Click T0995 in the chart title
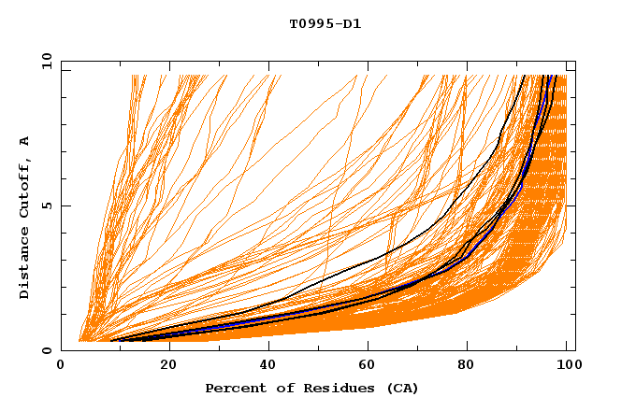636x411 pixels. pyautogui.click(x=309, y=23)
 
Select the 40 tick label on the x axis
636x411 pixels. pyautogui.click(x=268, y=365)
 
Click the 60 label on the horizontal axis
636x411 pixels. pyautogui.click(x=369, y=365)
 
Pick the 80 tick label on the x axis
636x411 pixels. pyautogui.click(x=470, y=365)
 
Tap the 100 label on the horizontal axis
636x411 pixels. pyautogui.click(x=568, y=365)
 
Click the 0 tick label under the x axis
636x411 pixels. pyautogui.click(x=62, y=365)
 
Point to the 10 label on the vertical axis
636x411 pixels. pyautogui.click(x=44, y=61)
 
